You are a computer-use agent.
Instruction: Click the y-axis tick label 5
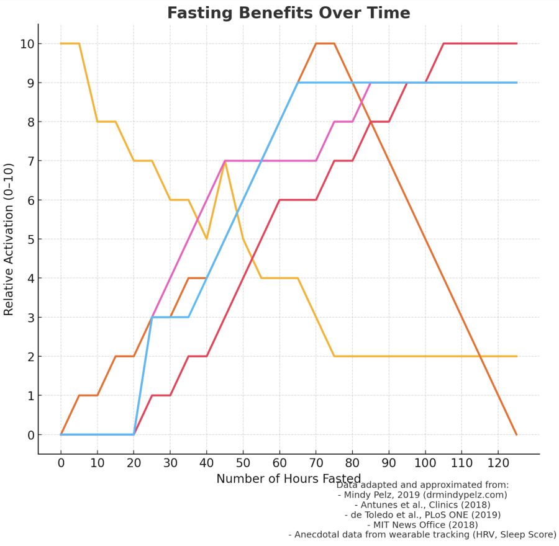click(x=29, y=239)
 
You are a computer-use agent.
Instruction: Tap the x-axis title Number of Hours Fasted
click(x=288, y=478)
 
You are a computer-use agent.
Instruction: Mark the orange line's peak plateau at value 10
click(x=325, y=43)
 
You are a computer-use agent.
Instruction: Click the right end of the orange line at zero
click(x=516, y=434)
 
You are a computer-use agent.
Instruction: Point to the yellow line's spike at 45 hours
click(x=225, y=161)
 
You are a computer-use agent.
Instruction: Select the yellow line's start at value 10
click(x=70, y=43)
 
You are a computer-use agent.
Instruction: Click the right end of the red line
click(x=516, y=43)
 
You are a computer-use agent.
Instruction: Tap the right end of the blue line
click(x=516, y=83)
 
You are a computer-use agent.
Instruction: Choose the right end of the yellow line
click(x=516, y=356)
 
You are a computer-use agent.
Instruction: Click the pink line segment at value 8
click(x=343, y=122)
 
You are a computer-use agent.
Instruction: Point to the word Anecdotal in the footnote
click(x=320, y=535)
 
